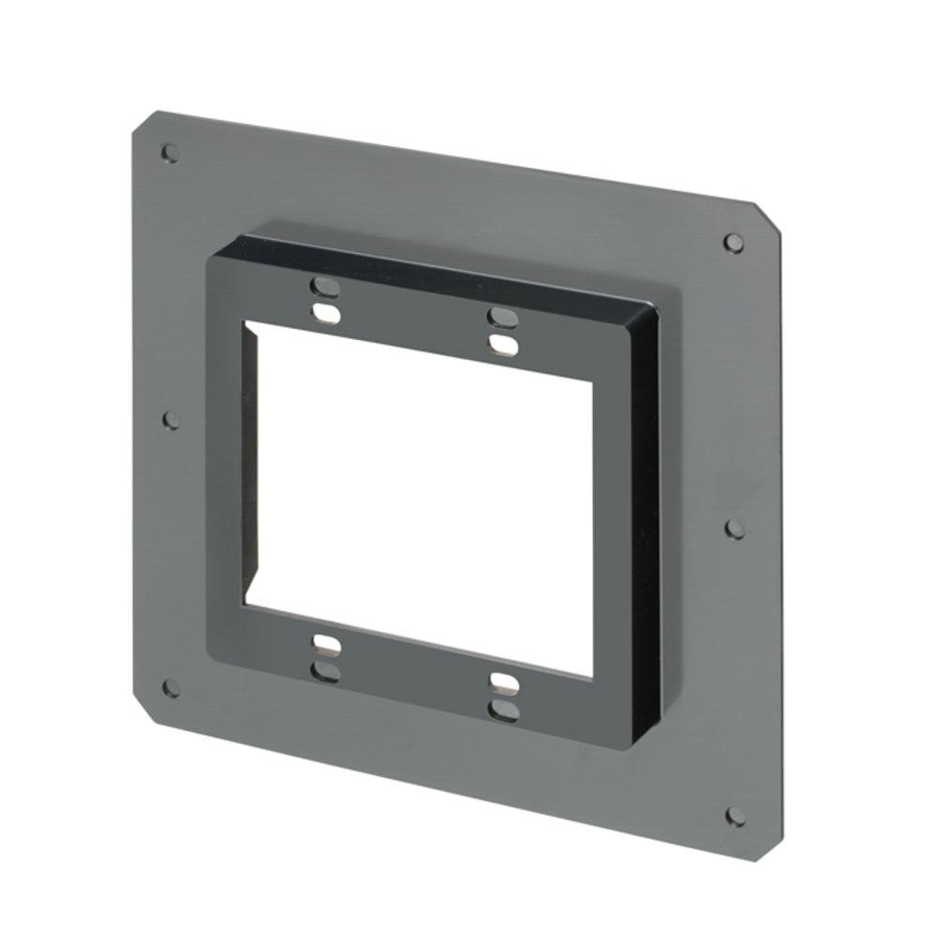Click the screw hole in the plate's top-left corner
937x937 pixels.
tap(170, 152)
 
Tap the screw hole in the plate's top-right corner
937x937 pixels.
tap(734, 243)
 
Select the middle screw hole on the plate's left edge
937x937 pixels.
tap(171, 420)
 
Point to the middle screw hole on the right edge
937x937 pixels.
tap(736, 529)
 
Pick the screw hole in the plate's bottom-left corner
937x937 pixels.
tap(171, 688)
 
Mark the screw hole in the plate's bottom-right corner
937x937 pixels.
tap(736, 816)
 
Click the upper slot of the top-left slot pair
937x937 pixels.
tap(324, 286)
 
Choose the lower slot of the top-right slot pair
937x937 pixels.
tap(503, 345)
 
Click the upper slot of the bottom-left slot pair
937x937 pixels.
tap(325, 644)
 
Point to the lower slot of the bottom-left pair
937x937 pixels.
tap(325, 671)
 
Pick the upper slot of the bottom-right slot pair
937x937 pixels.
tap(503, 682)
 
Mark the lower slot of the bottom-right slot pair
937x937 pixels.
tap(503, 711)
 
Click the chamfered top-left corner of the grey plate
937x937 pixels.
tap(142, 123)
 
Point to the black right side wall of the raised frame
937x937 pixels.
tap(645, 525)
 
